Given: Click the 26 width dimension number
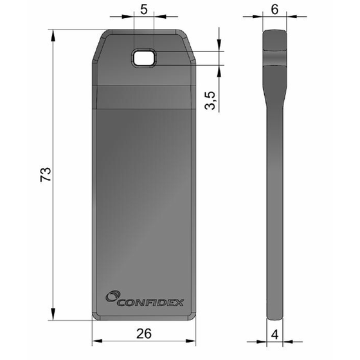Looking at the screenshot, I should pos(145,334).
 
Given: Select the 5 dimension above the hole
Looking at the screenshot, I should pos(144,10).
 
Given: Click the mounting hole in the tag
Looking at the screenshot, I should pos(145,58).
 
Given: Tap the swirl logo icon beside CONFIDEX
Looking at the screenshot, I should pos(111,296).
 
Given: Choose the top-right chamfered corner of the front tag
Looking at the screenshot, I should pos(190,44).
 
